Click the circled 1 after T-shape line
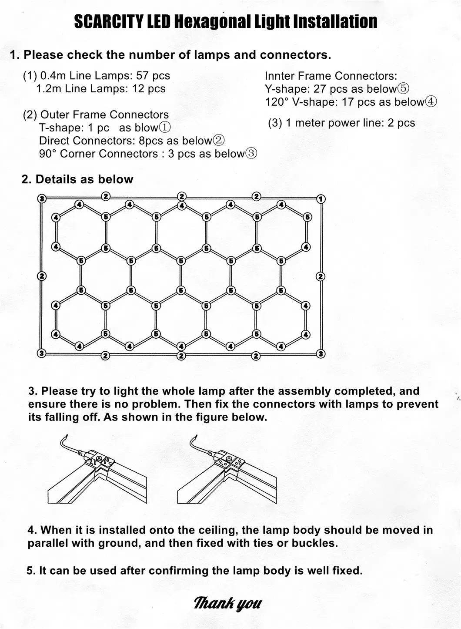pos(165,128)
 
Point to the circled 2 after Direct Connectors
pos(219,141)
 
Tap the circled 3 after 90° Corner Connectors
pos(251,154)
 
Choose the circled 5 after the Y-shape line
pos(404,89)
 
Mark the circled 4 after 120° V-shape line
pos(431,102)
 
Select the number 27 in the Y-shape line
pos(320,89)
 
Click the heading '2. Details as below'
pos(77,179)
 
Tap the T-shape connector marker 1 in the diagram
pos(321,199)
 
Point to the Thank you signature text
pos(227,603)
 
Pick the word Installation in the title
pos(335,21)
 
